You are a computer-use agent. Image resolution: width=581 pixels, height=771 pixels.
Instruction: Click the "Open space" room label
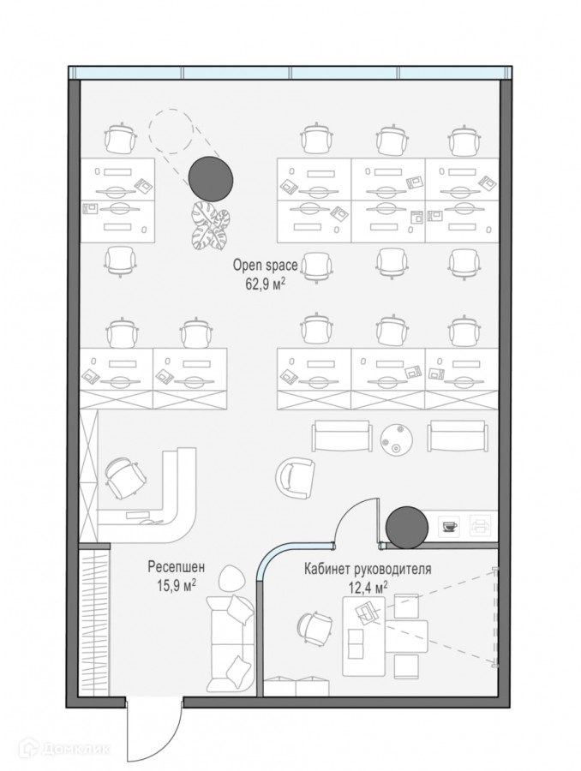click(265, 266)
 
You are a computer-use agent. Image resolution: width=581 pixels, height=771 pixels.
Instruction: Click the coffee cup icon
click(450, 526)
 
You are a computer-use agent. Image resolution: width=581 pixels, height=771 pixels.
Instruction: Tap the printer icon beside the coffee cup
click(482, 525)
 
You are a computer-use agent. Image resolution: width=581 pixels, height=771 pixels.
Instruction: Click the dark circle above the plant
click(210, 177)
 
